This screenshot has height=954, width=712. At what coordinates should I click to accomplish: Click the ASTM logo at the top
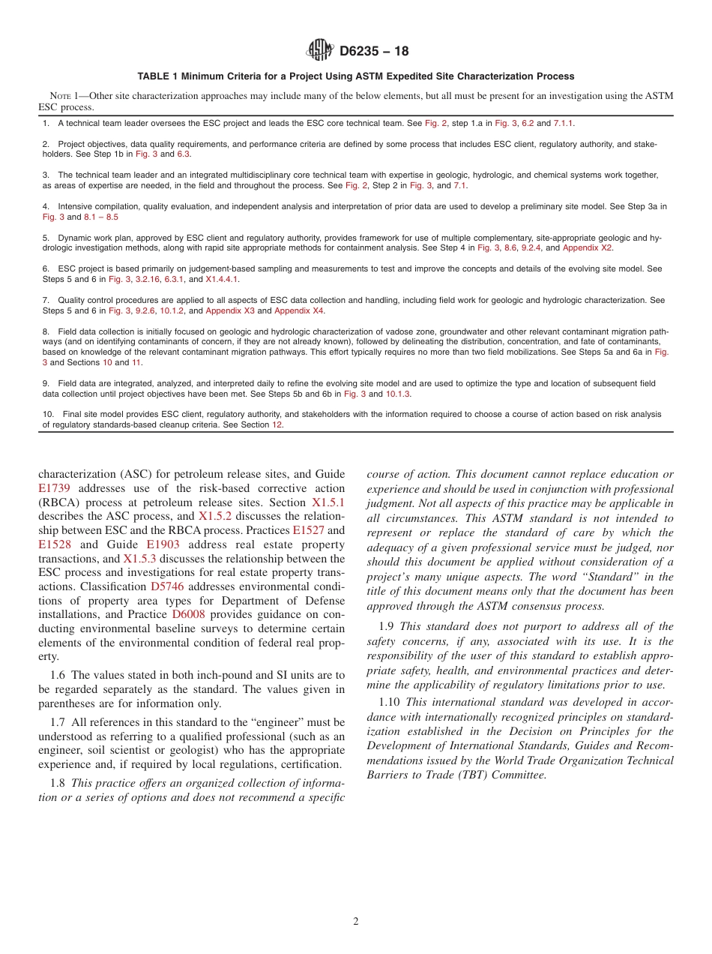[322, 51]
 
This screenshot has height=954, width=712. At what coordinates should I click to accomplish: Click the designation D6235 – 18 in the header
[374, 52]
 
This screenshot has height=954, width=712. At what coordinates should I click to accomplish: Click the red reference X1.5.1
[328, 502]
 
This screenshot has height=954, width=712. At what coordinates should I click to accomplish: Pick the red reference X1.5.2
[214, 516]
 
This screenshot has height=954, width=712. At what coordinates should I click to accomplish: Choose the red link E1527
[308, 530]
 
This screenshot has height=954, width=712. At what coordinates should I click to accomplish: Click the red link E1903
[163, 544]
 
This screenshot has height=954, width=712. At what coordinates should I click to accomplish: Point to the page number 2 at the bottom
[356, 922]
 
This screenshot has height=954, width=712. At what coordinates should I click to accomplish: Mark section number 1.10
[390, 703]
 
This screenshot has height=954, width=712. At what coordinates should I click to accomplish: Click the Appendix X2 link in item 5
[588, 247]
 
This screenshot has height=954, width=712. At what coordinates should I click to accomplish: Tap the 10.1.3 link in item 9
[398, 394]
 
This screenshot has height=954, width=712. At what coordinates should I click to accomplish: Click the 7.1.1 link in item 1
[564, 123]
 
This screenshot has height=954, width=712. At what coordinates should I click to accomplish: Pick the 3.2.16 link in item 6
[148, 279]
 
